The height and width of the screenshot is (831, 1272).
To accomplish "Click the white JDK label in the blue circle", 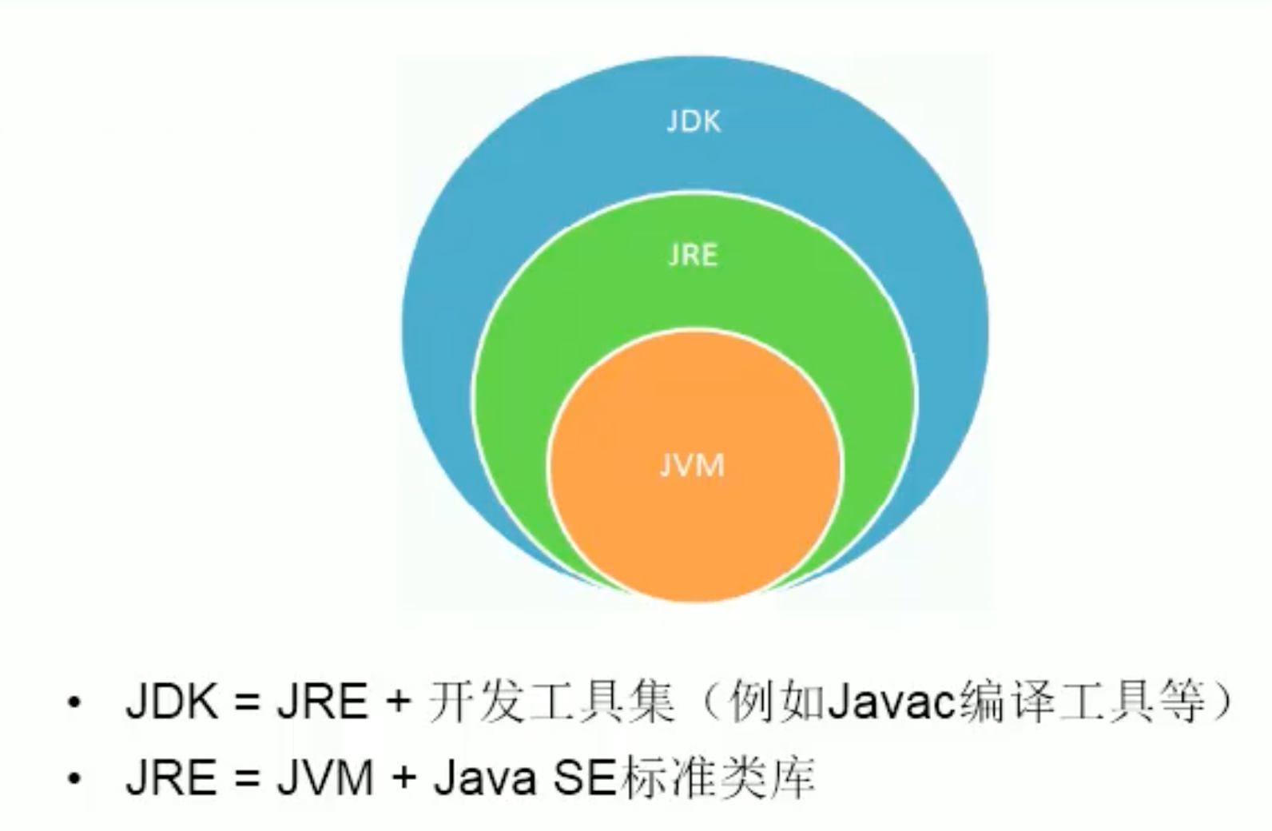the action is [694, 121].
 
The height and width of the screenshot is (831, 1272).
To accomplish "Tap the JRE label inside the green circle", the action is [693, 256].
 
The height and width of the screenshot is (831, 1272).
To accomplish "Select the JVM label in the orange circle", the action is [692, 465].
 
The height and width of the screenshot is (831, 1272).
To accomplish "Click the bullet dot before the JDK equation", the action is [75, 703].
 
